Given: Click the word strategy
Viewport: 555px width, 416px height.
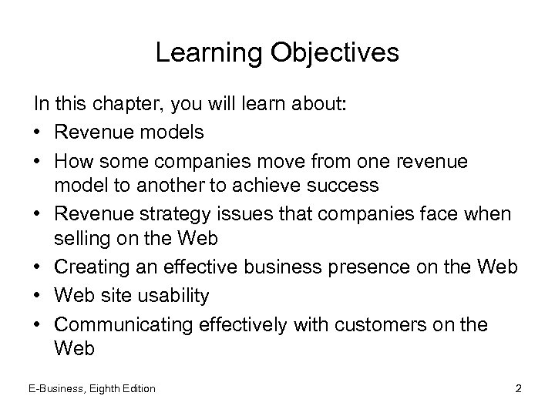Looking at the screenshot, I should tap(169, 213).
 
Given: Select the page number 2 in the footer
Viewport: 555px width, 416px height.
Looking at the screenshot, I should tap(518, 388).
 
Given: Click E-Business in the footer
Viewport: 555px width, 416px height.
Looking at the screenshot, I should tap(57, 388).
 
